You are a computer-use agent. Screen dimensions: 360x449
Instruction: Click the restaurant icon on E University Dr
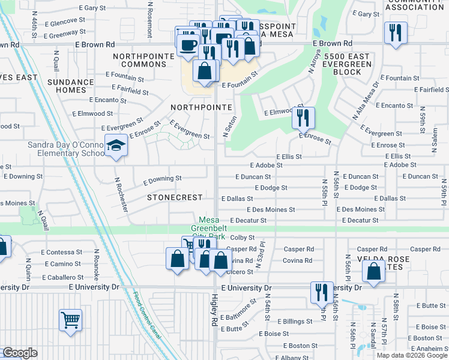tap(322, 292)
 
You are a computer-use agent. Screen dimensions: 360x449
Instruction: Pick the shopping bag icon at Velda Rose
tap(373, 271)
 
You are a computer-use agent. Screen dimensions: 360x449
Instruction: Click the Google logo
tap(19, 353)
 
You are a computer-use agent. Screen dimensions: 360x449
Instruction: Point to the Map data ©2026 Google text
tap(412, 355)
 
